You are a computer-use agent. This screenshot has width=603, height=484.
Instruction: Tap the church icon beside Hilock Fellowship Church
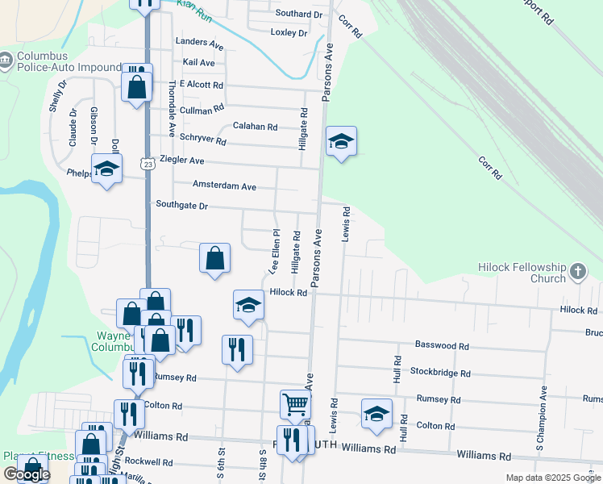578,273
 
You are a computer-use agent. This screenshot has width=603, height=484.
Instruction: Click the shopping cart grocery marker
295,403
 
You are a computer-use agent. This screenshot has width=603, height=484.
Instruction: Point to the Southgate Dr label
181,206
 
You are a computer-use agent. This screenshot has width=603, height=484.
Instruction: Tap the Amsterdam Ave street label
224,186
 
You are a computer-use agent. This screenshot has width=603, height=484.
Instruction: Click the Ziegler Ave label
181,161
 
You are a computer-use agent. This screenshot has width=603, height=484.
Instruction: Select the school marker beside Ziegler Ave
106,169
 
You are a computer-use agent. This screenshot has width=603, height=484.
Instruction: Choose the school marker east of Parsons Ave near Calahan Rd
341,142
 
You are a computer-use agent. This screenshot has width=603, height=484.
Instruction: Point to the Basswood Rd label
442,344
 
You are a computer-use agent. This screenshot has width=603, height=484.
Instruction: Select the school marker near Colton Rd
376,413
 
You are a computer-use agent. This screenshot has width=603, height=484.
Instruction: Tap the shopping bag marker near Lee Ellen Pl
215,258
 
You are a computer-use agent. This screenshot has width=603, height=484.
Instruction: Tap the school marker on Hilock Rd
249,305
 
